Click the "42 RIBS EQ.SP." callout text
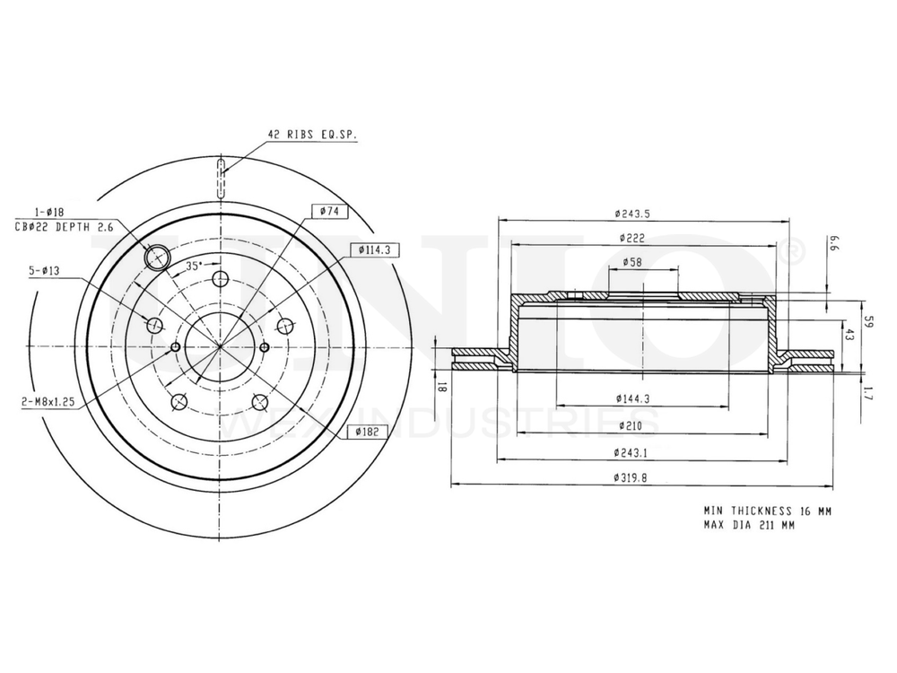(x=312, y=135)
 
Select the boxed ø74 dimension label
(x=325, y=211)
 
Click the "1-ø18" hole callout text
(x=48, y=211)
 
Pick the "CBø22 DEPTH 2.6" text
(x=64, y=227)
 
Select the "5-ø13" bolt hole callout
(x=44, y=268)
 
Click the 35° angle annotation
(x=193, y=266)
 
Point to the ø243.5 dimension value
(x=632, y=213)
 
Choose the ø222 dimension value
(x=632, y=238)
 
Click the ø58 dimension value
(x=632, y=262)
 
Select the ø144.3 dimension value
(x=632, y=398)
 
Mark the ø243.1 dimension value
(x=632, y=452)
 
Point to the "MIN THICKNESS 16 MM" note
(x=767, y=510)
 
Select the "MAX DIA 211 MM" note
(x=749, y=525)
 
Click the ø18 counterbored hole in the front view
(x=157, y=257)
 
